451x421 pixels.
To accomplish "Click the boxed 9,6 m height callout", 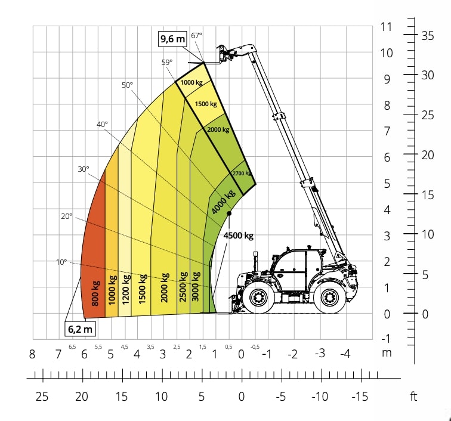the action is pos(172,39).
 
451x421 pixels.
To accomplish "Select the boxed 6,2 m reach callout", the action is pos(80,329).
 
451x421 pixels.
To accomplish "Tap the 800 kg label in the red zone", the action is pos(95,293).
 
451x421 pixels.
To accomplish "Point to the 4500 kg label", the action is pos(239,236).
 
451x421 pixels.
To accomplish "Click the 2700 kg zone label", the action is pos(242,173).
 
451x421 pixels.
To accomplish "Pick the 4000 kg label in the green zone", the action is pos(223,202).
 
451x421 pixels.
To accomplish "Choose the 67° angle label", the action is pos(196,35).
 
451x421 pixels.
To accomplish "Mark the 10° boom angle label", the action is pos(61,262).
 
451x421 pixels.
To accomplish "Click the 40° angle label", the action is pos(102,124).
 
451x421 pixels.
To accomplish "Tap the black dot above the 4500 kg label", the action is pos(229,213).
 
